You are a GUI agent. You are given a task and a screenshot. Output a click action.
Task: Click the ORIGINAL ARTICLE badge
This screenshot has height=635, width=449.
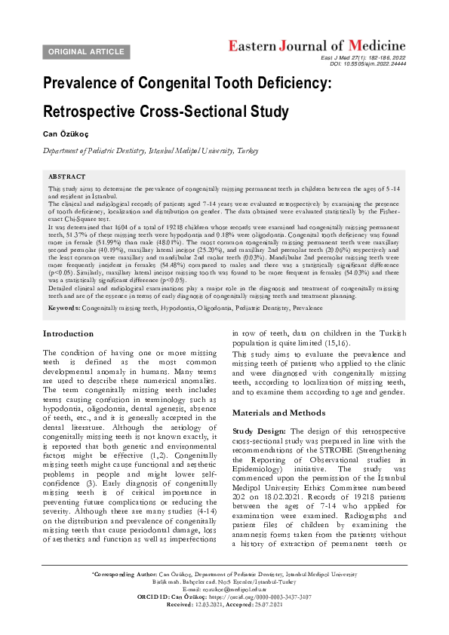click(87, 51)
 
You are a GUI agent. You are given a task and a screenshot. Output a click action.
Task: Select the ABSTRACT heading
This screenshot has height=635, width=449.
click(66, 176)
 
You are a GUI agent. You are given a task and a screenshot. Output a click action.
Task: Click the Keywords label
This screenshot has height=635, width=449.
click(63, 308)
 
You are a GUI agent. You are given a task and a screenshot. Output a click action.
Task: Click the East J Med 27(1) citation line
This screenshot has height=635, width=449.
click(363, 58)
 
